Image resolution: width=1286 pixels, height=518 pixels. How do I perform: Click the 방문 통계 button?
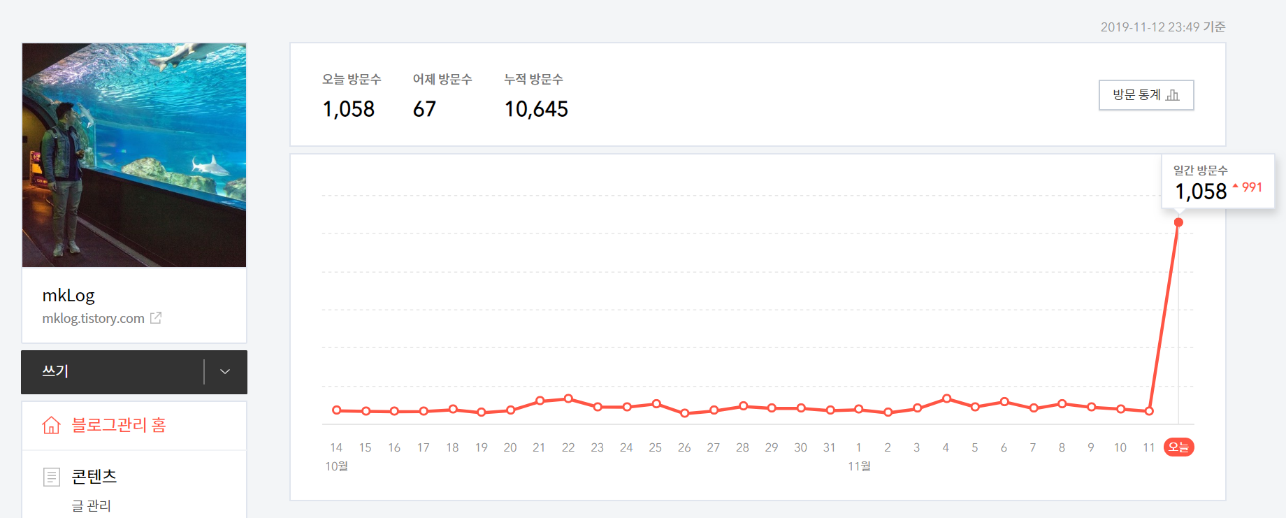[1146, 95]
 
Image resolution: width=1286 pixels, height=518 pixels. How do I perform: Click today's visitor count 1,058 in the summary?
[349, 109]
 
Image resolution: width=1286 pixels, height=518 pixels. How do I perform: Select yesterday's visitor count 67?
[424, 109]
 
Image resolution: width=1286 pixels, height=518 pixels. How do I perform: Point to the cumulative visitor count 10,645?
[536, 109]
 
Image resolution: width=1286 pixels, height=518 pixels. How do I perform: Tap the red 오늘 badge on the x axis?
[1178, 447]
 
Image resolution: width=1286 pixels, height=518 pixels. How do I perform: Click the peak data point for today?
[1178, 222]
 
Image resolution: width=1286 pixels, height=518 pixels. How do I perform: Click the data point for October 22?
[568, 398]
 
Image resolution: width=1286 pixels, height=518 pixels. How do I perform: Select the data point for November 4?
[946, 398]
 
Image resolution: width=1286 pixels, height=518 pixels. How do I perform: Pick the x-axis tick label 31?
[830, 447]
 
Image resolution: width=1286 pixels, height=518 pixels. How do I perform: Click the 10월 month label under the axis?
[336, 466]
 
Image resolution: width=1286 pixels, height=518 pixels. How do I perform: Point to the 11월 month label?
[859, 466]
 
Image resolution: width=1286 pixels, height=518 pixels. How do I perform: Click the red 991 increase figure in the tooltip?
[1252, 187]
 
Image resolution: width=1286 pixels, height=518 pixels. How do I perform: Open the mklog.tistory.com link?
[93, 319]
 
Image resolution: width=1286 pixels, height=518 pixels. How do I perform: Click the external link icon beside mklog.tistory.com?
[156, 318]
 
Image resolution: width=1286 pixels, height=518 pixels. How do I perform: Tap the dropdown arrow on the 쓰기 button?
[225, 372]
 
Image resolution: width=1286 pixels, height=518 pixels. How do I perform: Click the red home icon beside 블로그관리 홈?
[51, 425]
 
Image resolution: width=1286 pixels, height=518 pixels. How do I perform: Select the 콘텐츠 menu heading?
[94, 477]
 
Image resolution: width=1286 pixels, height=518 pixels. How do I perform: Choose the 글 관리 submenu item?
[91, 506]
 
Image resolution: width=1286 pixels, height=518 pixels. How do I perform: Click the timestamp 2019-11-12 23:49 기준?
[1163, 27]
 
